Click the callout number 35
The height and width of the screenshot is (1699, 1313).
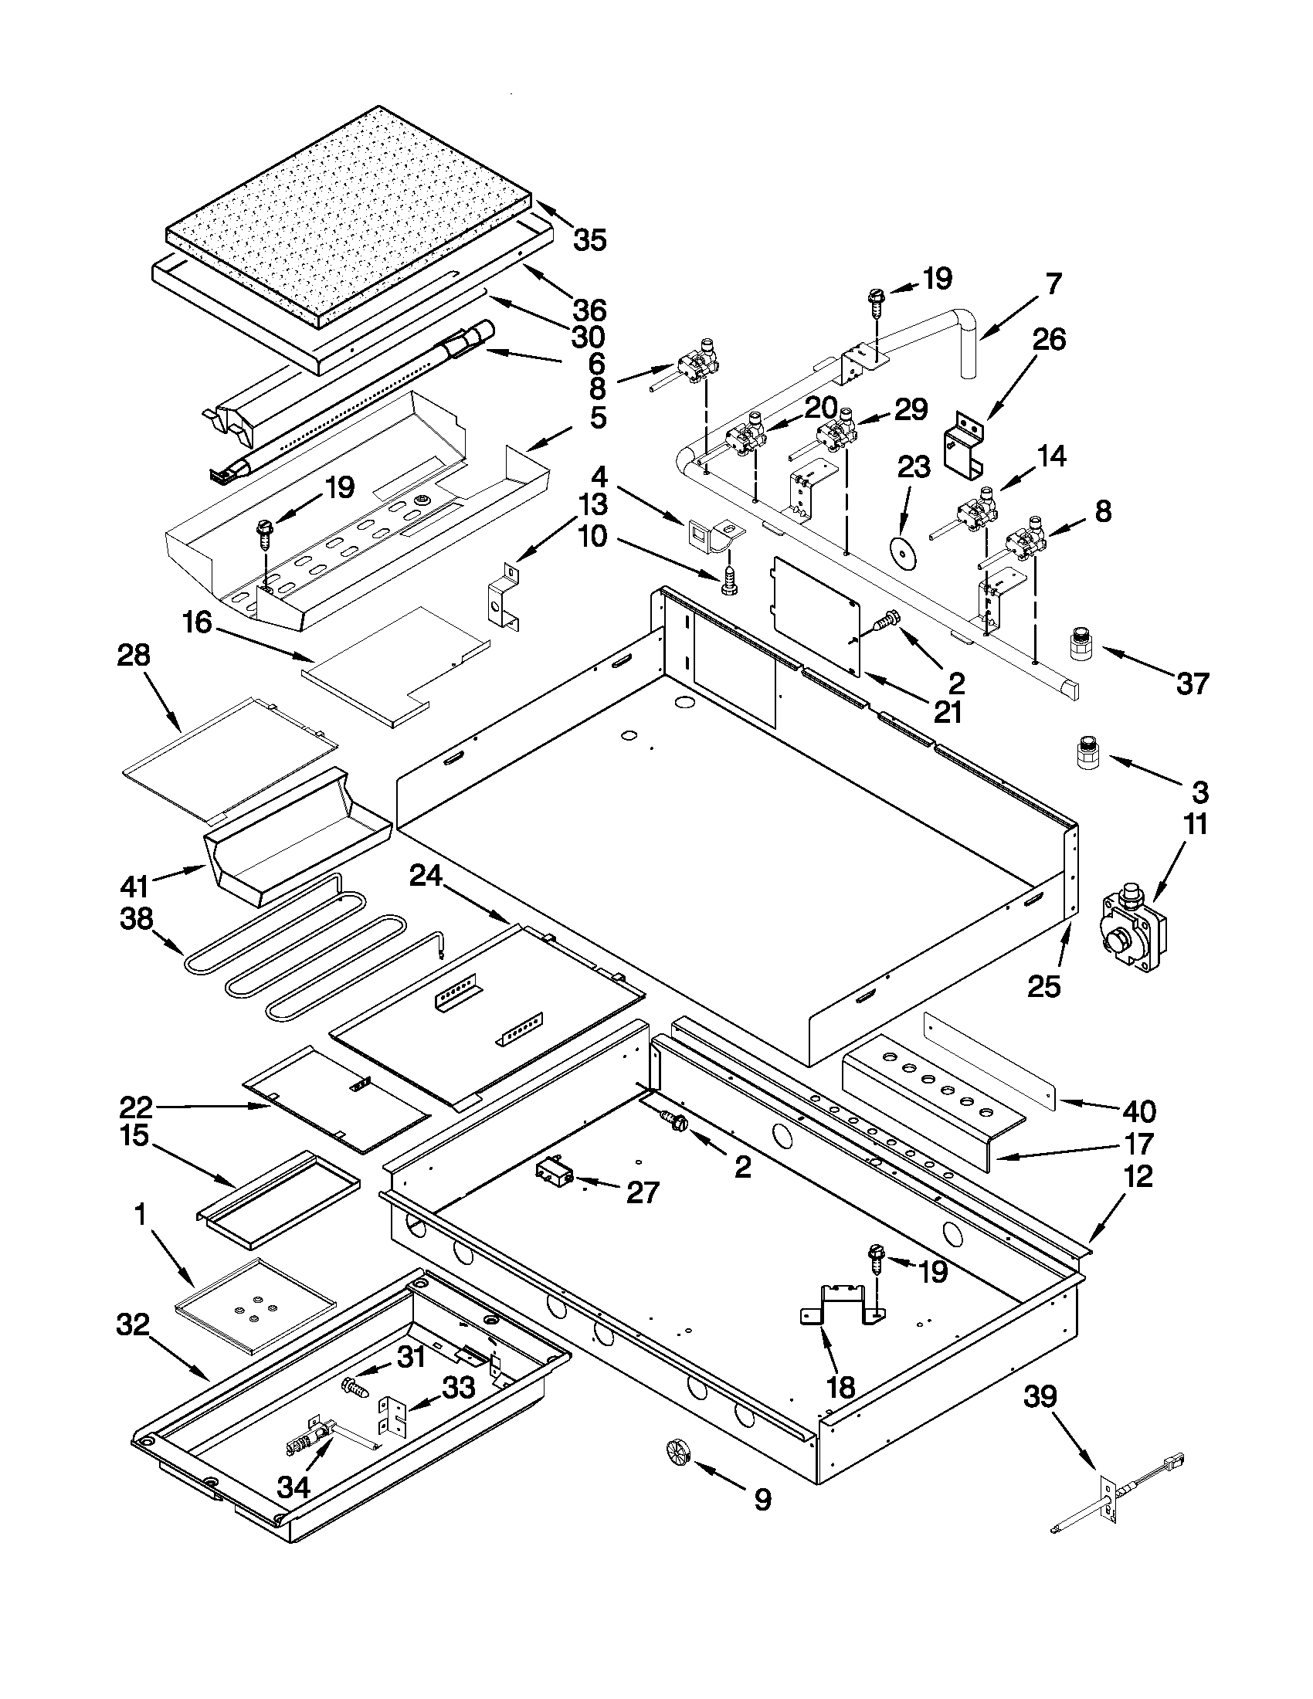coord(589,239)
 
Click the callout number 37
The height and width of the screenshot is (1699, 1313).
coord(1193,683)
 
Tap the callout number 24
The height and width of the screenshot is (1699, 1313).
coord(426,877)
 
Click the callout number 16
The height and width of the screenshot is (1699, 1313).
coord(197,622)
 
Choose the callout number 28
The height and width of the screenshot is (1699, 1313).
coord(133,656)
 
